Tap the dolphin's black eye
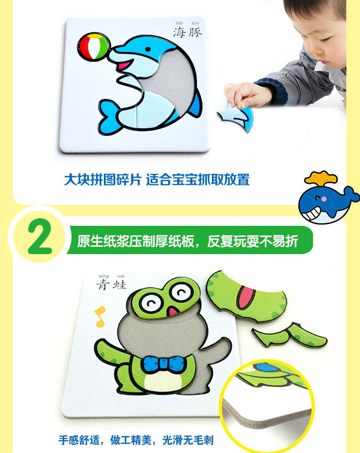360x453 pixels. (148, 49)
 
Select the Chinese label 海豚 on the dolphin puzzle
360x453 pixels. (188, 32)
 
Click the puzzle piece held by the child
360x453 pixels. (236, 116)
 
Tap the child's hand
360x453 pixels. (245, 94)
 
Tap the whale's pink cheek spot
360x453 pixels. (324, 199)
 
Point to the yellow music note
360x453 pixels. (100, 316)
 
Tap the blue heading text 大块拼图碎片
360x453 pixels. (103, 180)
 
